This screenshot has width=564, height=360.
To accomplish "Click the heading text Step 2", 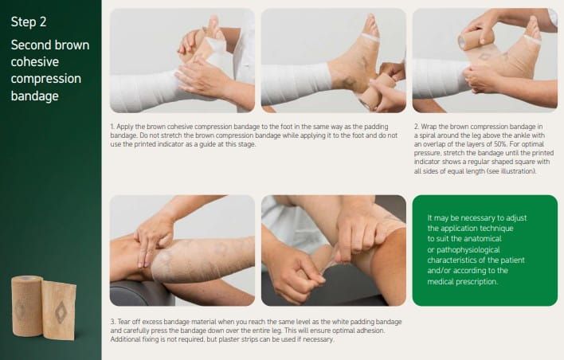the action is [29, 22].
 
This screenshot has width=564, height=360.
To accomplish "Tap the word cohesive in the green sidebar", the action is [35, 62].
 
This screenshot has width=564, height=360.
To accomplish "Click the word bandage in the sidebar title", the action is [34, 96].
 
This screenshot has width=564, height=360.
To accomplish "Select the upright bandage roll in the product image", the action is [27, 306].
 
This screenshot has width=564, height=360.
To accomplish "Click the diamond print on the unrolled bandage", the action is [61, 311].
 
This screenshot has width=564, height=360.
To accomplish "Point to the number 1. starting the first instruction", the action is [112, 127].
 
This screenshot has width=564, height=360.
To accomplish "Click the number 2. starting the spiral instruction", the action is [417, 127].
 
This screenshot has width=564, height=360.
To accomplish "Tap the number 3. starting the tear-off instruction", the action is [113, 322].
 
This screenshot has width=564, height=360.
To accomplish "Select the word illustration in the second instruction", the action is [518, 171].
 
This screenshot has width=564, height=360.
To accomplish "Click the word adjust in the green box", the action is [516, 218].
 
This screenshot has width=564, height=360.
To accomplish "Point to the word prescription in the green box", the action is [476, 282].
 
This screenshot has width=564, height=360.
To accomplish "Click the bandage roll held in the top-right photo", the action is [472, 37].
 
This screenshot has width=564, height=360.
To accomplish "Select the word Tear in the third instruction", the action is [124, 322].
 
